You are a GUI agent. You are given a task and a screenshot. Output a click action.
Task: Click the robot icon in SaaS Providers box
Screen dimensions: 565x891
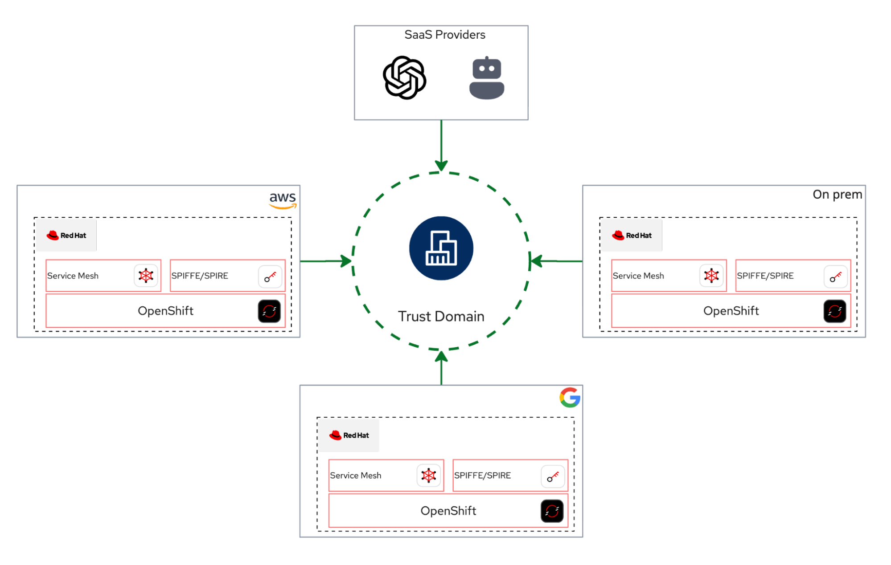coord(487,78)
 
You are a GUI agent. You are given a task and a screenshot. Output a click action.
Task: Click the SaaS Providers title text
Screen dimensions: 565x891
coord(445,35)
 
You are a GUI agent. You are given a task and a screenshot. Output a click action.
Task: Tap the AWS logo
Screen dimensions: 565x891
coord(283,200)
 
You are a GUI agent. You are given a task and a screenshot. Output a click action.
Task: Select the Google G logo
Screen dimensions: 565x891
coord(570,397)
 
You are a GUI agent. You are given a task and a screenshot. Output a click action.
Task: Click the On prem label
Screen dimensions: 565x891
coord(837,195)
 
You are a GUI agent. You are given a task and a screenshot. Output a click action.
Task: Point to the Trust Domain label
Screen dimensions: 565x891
coord(441,317)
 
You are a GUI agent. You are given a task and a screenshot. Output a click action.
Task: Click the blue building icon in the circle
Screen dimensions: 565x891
coord(441,248)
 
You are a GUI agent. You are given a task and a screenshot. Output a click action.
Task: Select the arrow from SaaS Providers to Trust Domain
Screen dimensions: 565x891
coord(441,145)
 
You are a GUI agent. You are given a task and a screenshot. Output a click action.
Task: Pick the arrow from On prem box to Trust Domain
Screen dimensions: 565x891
coord(557,261)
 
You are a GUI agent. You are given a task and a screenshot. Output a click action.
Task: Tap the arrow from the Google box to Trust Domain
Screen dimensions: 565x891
coord(441,368)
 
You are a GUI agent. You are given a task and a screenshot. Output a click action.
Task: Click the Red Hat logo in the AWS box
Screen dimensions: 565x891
coord(66,236)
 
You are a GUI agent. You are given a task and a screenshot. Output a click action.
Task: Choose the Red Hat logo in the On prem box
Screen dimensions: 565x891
coord(632,236)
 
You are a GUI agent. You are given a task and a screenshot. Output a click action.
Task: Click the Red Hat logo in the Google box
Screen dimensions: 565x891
coord(349,435)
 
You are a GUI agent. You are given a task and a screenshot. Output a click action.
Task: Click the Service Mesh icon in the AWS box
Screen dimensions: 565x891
coord(146,276)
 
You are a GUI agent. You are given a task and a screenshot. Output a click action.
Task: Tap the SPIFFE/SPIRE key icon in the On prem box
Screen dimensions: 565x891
coord(835,276)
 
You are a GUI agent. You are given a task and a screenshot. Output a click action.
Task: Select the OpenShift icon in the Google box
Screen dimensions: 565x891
coord(552,511)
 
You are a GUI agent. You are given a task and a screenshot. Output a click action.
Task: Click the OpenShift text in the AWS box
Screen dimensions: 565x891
coord(165,311)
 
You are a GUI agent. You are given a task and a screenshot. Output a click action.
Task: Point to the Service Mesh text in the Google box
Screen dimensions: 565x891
coord(355,476)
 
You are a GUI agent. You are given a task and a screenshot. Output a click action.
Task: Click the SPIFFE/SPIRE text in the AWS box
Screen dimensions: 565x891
coord(200,276)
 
